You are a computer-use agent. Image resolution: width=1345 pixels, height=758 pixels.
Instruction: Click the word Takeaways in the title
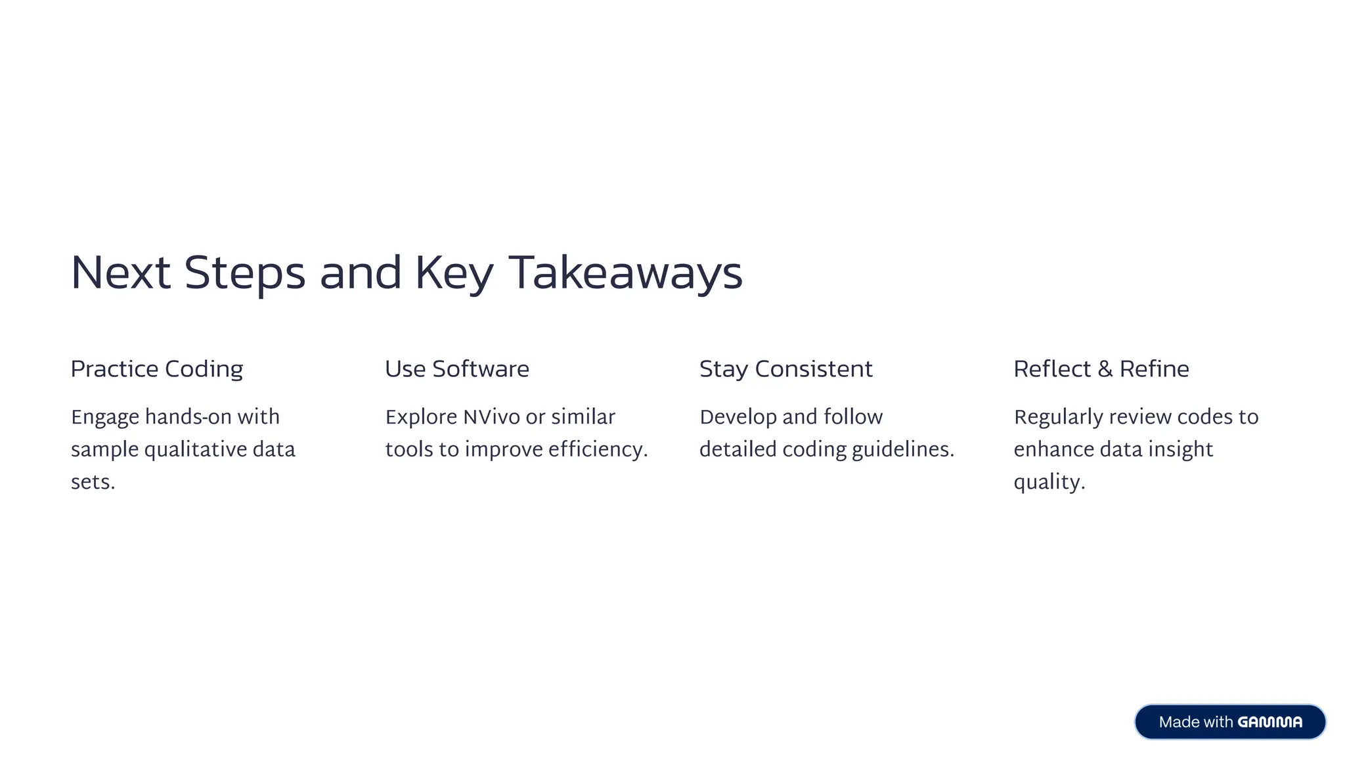(x=625, y=273)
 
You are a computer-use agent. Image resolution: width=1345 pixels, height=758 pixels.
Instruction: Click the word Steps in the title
(x=244, y=273)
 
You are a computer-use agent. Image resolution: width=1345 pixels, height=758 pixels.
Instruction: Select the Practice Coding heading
(x=156, y=369)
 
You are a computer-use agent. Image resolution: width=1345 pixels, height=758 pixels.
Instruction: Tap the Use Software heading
(x=456, y=369)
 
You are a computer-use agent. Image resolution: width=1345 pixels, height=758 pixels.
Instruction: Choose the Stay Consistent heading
(x=785, y=369)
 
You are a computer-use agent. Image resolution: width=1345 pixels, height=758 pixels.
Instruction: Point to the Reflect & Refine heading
(x=1101, y=369)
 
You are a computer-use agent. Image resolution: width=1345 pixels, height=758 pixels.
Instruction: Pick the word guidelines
(x=902, y=450)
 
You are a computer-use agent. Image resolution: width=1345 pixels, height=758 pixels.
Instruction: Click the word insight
(x=1180, y=450)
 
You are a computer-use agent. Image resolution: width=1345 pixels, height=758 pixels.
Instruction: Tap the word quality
(x=1048, y=483)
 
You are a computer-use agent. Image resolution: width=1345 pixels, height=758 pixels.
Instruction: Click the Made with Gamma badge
(x=1229, y=722)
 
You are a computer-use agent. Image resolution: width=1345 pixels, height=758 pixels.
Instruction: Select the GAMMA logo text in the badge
(x=1269, y=722)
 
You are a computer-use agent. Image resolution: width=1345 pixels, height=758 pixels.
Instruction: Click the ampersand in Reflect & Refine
(x=1105, y=369)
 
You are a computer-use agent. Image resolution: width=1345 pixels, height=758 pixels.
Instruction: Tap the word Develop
(x=738, y=417)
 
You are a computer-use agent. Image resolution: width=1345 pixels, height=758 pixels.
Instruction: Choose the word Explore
(x=421, y=417)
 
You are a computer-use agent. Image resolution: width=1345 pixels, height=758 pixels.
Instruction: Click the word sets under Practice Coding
(x=92, y=483)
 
